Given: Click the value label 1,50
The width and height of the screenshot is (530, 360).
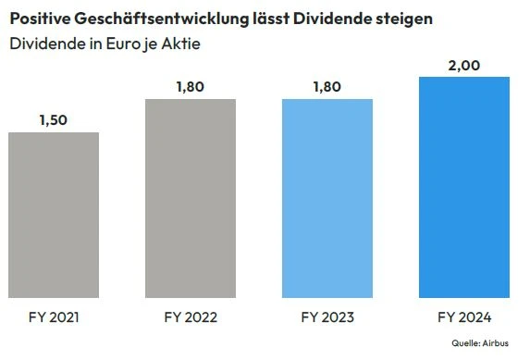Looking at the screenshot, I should tap(53, 119).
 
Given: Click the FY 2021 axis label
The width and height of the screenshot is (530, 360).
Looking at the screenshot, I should tap(53, 317).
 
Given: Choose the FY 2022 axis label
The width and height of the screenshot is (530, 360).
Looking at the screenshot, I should tap(190, 317).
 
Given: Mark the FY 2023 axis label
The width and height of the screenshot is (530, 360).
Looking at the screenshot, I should tap(327, 317).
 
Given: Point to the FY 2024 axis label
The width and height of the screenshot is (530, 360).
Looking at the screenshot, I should tap(464, 317).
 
